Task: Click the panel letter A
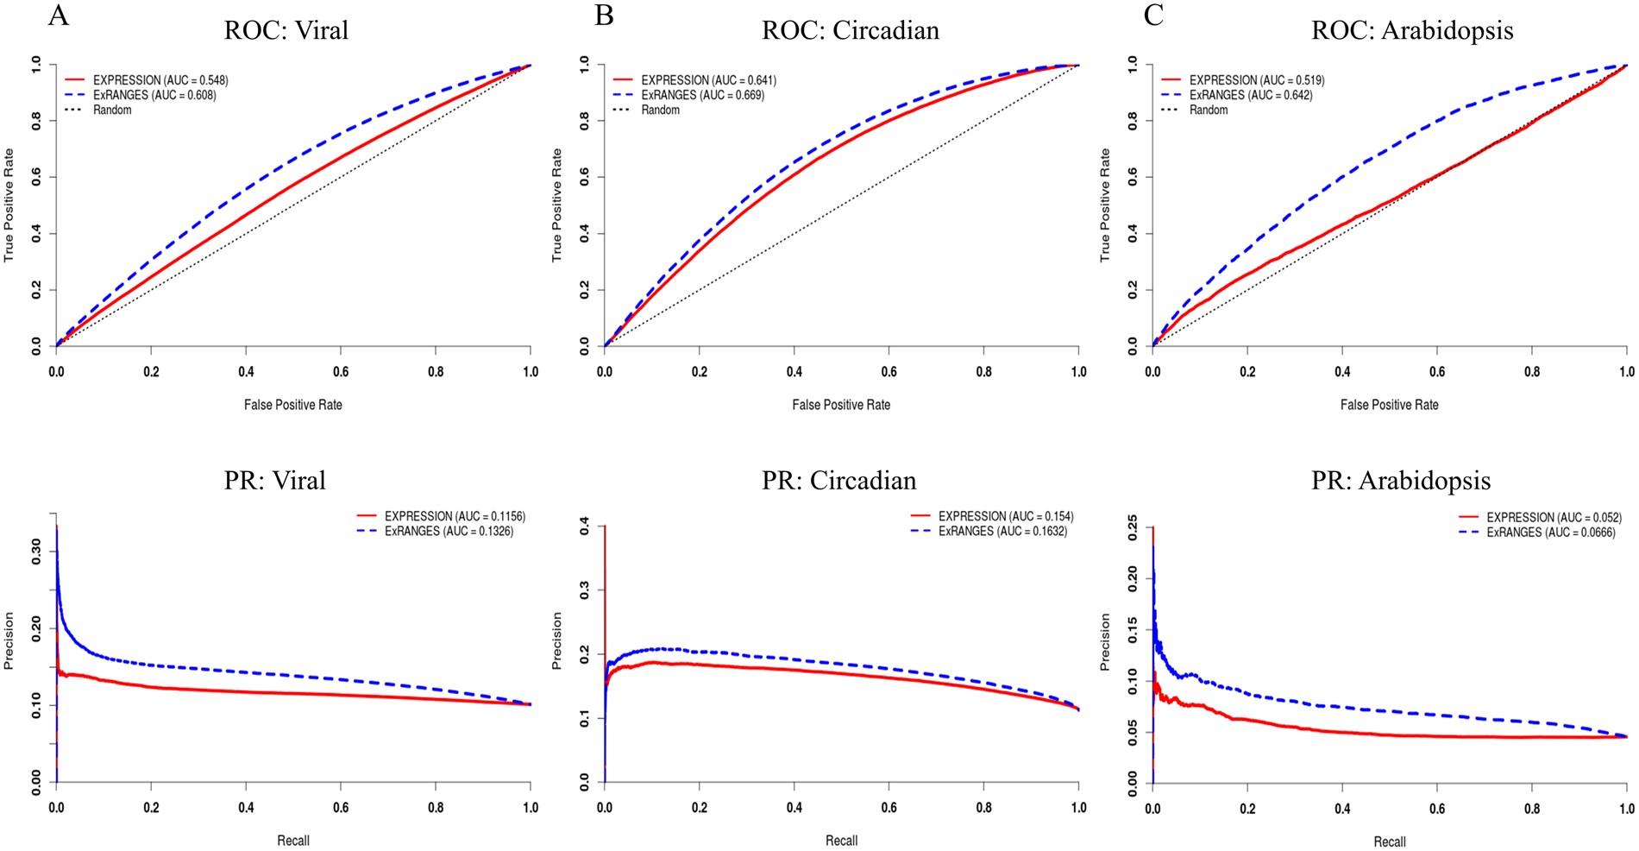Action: (58, 16)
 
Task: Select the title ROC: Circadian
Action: (850, 31)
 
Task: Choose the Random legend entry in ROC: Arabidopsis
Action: (1208, 110)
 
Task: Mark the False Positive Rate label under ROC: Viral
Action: (292, 405)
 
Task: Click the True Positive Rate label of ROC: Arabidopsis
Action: (1105, 205)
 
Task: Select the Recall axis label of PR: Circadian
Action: (841, 841)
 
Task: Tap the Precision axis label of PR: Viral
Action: (9, 640)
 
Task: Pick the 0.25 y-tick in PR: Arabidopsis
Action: (1132, 527)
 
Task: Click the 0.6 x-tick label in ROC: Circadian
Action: (889, 372)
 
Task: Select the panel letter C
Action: (1153, 16)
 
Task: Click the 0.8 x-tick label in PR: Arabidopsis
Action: (1531, 809)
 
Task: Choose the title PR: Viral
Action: (274, 481)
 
